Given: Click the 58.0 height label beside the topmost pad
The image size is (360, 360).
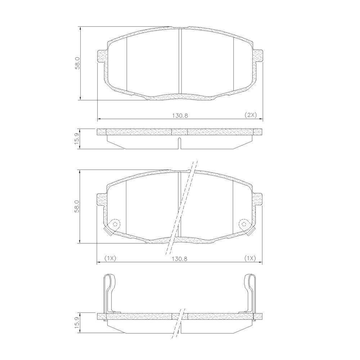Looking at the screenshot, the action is tap(78, 63).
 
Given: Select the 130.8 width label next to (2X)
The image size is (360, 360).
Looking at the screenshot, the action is tap(180, 116).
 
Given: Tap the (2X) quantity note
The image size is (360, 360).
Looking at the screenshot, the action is tap(250, 115).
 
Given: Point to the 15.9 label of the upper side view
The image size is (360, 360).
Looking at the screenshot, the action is tap(77, 138).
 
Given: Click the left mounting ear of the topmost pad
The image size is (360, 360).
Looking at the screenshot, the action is tap(102, 56).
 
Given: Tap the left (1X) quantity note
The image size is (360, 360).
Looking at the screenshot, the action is tap(110, 258).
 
